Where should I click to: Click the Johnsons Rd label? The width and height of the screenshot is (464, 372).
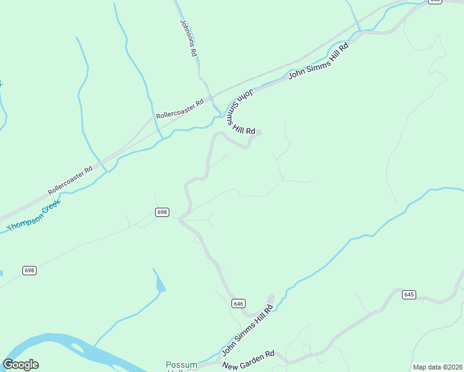(x=188, y=38)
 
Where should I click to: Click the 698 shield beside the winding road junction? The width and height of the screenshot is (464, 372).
(x=162, y=212)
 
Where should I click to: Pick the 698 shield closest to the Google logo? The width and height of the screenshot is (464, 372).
(x=29, y=270)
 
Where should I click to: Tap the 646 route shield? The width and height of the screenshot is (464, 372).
(x=239, y=303)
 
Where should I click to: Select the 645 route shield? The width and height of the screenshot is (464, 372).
(x=408, y=294)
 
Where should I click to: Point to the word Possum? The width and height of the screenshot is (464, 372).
(x=181, y=365)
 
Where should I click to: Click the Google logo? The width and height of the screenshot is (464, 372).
(x=20, y=365)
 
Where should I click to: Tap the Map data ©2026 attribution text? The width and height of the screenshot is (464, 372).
(x=437, y=367)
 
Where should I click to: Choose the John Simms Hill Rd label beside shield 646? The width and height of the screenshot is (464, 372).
(x=248, y=332)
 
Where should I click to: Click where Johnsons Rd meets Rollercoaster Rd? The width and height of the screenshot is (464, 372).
(x=211, y=98)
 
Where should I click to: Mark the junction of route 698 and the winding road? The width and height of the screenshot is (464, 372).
(x=180, y=218)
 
